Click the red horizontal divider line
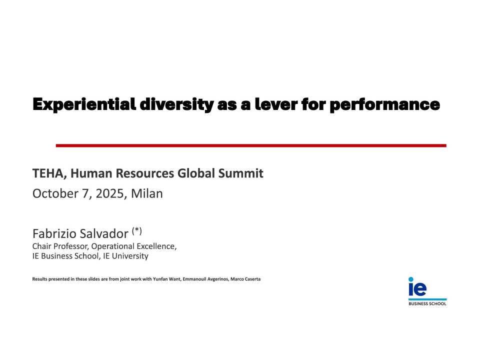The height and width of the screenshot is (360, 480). (250, 145)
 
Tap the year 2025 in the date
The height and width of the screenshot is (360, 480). (110, 193)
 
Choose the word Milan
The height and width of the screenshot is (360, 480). (147, 193)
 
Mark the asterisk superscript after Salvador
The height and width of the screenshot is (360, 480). (137, 230)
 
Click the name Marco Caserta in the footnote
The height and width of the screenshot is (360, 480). (246, 278)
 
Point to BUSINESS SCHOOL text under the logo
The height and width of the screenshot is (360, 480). (427, 303)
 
